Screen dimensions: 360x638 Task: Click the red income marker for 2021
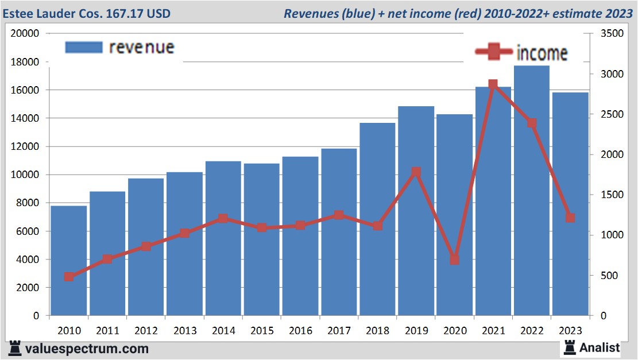[x=493, y=84]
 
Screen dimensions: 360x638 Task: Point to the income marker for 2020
[x=455, y=260]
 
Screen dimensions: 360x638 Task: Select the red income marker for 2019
[x=416, y=172]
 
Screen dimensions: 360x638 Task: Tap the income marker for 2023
[x=570, y=218]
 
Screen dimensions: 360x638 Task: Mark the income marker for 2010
[x=69, y=277]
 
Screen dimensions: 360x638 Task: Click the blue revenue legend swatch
[x=84, y=47]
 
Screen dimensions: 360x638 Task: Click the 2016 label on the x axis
[x=300, y=331]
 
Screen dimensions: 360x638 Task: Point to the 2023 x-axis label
[x=570, y=331]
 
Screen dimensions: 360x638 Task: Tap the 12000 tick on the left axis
[x=27, y=146]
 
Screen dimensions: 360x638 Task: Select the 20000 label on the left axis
[x=25, y=33]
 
